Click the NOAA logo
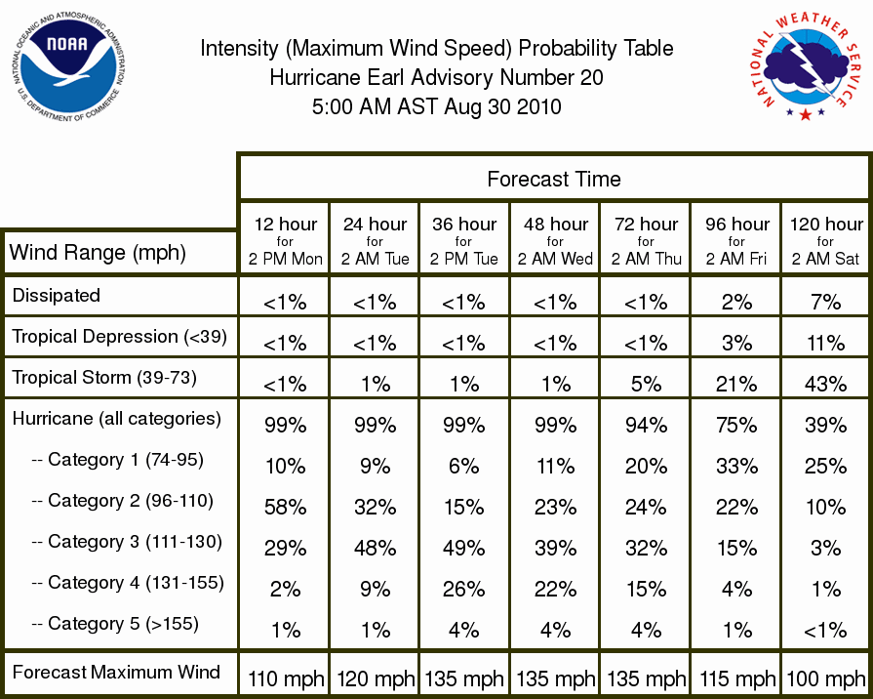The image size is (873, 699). coord(68,67)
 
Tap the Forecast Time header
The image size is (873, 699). coord(553,179)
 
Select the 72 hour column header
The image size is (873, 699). coord(646,241)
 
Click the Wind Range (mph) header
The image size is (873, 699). coord(98,253)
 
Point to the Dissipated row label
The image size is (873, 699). coord(57,295)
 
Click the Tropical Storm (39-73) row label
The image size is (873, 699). coord(104,378)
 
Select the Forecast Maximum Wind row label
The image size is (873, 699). coord(116,672)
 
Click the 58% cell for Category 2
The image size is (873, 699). coord(285,508)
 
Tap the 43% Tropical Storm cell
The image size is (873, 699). coord(825,384)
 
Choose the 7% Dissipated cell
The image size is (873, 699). coord(825,302)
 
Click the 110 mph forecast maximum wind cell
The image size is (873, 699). coord(286,678)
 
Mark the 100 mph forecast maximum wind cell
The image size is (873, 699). coord(825,678)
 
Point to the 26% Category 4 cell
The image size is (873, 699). coord(463,590)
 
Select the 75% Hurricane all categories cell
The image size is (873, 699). coord(736,426)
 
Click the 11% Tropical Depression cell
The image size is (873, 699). coord(825,344)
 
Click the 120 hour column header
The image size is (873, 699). coord(826,241)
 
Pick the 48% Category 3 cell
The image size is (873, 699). coord(375,549)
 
